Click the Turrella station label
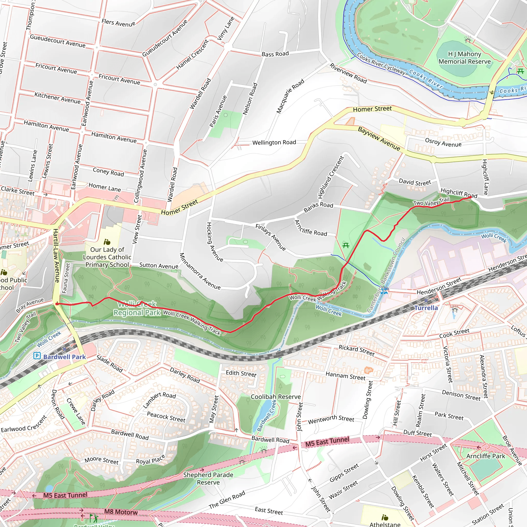coord(426,308)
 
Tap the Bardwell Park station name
coord(64,357)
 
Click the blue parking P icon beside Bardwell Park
coord(37,356)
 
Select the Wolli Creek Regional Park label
coord(137,309)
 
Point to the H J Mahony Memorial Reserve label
coord(464,58)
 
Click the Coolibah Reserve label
coord(276,397)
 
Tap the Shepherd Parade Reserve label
coord(208,478)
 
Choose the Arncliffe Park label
coord(486,456)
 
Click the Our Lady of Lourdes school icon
coord(107,242)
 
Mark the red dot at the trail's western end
coord(57,304)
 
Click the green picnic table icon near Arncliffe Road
coord(346,245)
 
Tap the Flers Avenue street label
coord(118,23)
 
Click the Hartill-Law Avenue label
coord(56,256)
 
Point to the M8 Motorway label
coord(121,512)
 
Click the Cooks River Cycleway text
coord(381,64)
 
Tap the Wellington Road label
coord(274,142)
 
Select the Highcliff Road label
coord(459,193)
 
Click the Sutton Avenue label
coord(159,265)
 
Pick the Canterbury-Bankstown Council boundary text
coord(386,276)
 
